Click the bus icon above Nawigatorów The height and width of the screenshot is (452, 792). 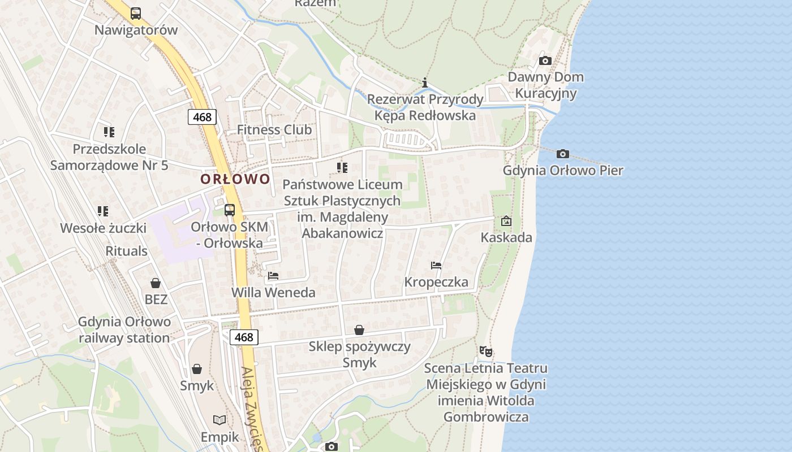click(x=136, y=13)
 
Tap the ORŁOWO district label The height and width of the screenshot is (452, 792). click(x=235, y=179)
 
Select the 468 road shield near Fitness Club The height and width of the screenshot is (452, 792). click(x=202, y=117)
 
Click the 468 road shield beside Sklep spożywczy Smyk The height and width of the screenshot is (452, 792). click(x=244, y=337)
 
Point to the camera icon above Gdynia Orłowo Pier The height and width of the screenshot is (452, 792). click(x=562, y=154)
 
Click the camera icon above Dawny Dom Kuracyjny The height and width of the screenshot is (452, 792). click(x=545, y=60)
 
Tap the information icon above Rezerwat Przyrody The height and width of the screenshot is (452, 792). click(x=425, y=83)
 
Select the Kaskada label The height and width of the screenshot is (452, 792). click(x=506, y=237)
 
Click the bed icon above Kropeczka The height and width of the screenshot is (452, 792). click(x=436, y=265)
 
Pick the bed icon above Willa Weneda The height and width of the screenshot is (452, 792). click(x=273, y=276)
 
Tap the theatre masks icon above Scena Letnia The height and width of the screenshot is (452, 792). click(x=485, y=351)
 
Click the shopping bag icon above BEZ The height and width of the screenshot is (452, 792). click(x=156, y=282)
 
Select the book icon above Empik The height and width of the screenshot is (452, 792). click(x=219, y=420)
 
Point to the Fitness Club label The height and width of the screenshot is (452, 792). click(x=274, y=129)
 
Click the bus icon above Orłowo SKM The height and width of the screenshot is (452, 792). click(x=230, y=210)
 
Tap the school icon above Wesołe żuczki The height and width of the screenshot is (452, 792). click(x=103, y=211)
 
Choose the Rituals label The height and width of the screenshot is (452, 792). click(x=127, y=251)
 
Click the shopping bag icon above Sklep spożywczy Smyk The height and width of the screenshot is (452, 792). click(x=359, y=329)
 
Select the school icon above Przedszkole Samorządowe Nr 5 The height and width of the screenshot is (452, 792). click(x=109, y=132)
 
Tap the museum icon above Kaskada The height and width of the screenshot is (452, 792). click(x=506, y=221)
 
